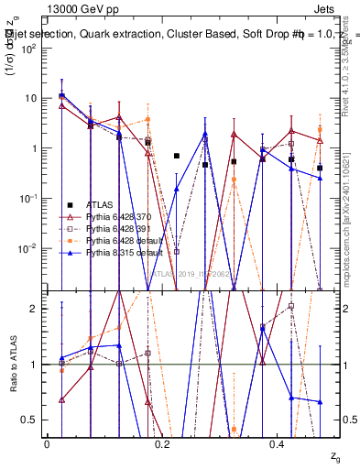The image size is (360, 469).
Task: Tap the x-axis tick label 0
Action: (47, 443)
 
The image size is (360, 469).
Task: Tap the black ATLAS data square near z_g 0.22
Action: (177, 156)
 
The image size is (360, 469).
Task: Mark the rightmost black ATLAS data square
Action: (320, 169)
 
